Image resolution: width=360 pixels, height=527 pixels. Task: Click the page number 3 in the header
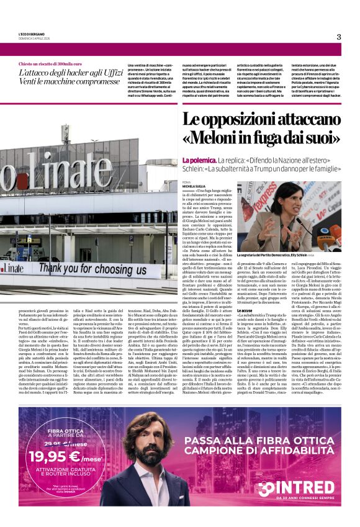pos(338,37)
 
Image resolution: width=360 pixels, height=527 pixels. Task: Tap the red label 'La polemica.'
pos(198,161)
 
